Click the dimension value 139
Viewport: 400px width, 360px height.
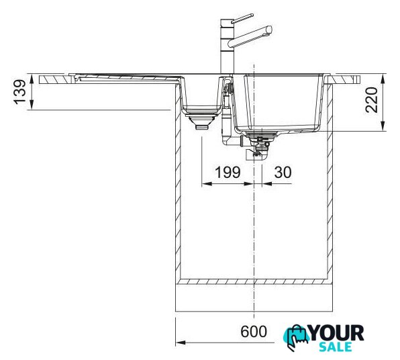(20, 92)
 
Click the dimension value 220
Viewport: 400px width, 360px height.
(371, 100)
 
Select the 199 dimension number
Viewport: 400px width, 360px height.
(228, 172)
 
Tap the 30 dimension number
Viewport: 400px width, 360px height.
(283, 172)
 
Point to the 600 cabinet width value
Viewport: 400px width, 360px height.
(254, 332)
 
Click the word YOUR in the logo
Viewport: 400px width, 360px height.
(336, 333)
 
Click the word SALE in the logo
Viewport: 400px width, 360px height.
(336, 347)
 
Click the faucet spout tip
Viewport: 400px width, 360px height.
(269, 30)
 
